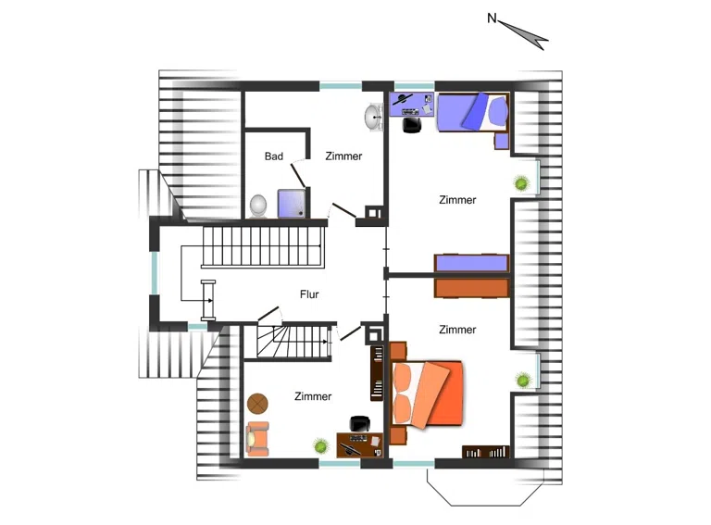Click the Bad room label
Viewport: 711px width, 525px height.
click(273, 156)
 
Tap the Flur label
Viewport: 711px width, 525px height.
click(309, 294)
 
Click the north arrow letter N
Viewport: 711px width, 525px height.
click(492, 19)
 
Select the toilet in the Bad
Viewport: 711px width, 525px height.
click(258, 206)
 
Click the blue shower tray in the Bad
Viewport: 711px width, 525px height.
click(292, 203)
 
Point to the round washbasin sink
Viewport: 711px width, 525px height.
click(374, 117)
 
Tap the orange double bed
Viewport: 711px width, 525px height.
click(427, 394)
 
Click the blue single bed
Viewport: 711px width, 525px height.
click(472, 112)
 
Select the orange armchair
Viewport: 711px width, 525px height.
click(257, 438)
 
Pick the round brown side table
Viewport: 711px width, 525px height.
click(257, 403)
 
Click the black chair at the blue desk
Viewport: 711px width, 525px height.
click(412, 125)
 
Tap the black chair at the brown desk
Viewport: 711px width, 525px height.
click(359, 423)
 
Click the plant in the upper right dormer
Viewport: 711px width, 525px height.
click(521, 183)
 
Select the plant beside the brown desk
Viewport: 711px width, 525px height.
click(321, 446)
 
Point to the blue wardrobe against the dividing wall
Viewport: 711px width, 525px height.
click(471, 263)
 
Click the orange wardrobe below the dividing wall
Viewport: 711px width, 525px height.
click(471, 287)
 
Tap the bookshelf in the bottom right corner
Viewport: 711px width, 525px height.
click(486, 452)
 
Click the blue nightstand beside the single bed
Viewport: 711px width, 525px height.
click(501, 141)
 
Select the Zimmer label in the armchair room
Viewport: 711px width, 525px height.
click(313, 396)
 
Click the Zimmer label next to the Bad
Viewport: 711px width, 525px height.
click(343, 156)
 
